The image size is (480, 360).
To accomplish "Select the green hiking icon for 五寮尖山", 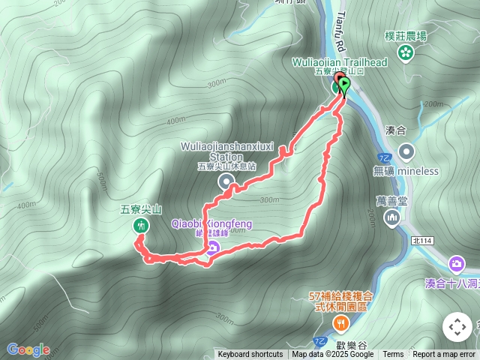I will click(x=141, y=226).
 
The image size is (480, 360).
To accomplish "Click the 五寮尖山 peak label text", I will click(x=141, y=210).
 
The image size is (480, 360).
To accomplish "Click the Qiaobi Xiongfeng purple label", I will click(x=212, y=224).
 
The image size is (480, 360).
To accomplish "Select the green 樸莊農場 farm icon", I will click(x=406, y=52).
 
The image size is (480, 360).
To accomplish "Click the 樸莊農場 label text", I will click(x=406, y=35).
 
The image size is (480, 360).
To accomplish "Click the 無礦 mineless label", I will click(x=405, y=171).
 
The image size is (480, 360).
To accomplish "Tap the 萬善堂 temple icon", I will click(x=392, y=217).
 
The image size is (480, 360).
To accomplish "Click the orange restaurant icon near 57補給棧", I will click(x=341, y=323).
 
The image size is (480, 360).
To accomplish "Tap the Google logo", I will click(x=28, y=349).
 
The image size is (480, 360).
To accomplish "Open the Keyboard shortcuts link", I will click(x=250, y=355).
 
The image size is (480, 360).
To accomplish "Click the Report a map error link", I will click(x=444, y=355).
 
